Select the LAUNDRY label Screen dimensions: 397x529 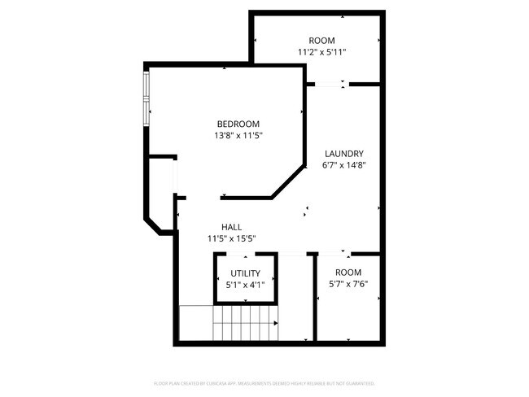[x=343, y=153]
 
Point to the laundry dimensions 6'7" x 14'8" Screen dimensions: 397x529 [x=343, y=165]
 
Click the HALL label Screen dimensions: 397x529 [x=231, y=227]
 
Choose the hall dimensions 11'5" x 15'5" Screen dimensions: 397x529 [x=231, y=239]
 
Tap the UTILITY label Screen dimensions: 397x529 [x=245, y=273]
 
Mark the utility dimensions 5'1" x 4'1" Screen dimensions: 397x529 [x=245, y=286]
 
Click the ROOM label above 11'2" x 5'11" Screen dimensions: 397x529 [x=321, y=41]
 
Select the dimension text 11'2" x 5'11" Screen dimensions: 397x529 [x=321, y=53]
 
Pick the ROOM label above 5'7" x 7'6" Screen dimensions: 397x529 [x=348, y=272]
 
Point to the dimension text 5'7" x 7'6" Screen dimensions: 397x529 [x=348, y=284]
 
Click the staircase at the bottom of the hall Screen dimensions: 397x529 [x=244, y=323]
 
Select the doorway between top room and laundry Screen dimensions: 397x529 [x=329, y=83]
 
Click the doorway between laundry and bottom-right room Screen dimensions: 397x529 [x=334, y=254]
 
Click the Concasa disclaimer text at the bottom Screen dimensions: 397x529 [x=264, y=383]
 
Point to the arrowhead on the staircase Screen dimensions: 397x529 [x=276, y=323]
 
